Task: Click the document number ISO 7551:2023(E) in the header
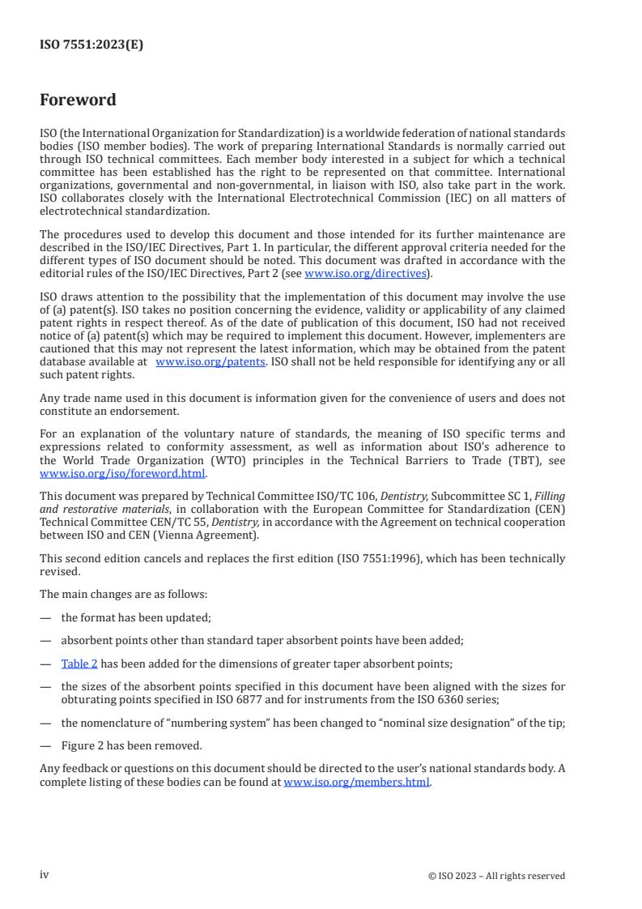tap(91, 45)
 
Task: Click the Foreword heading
tap(78, 100)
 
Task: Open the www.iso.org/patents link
tap(210, 362)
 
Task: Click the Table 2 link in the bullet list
tap(79, 664)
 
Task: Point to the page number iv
tap(45, 875)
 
